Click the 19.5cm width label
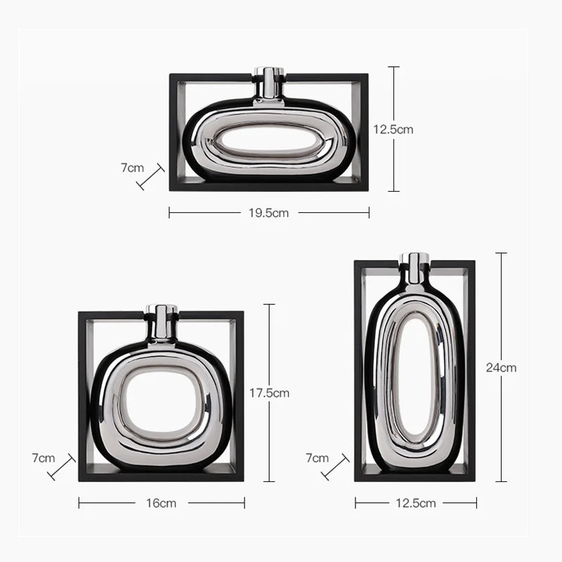268,213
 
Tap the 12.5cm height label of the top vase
393,129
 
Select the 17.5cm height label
269,393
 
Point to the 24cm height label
501,367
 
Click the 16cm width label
162,503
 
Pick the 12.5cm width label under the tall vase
416,503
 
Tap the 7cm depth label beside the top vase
132,168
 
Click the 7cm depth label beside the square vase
43,458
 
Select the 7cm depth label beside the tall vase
317,458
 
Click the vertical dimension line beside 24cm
501,421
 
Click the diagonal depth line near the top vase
151,177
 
